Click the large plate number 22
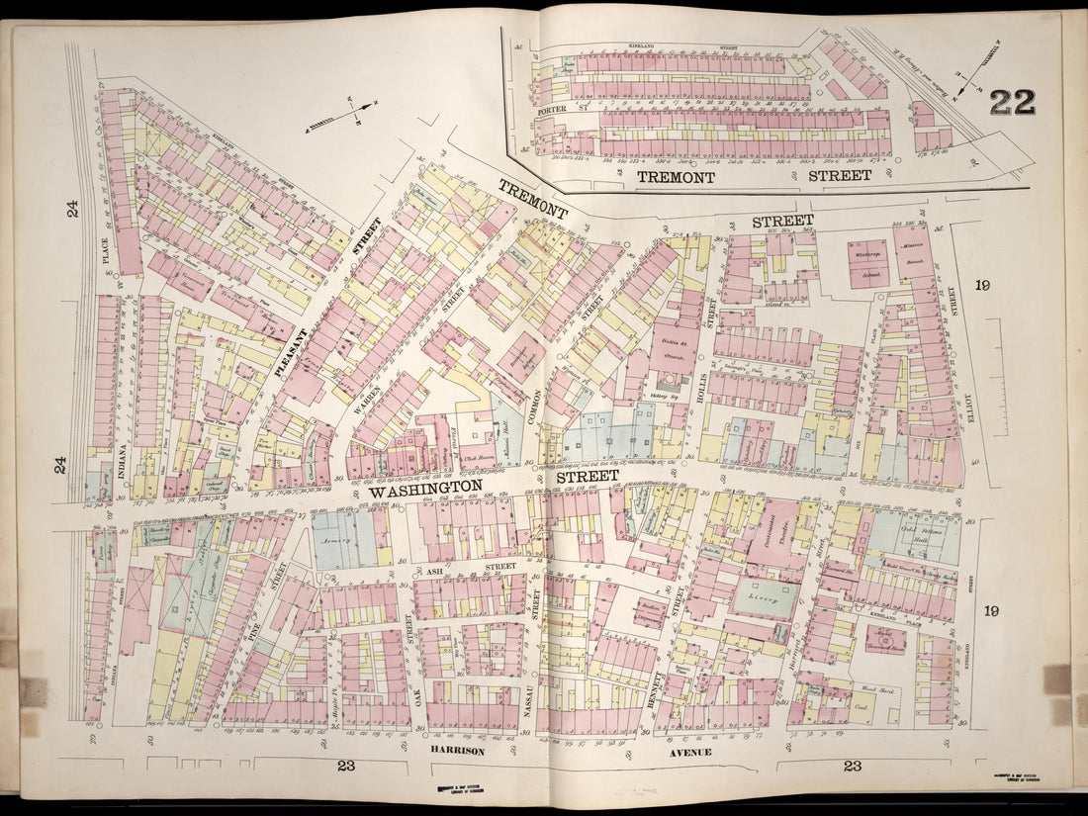1011,102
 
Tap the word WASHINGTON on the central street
425,490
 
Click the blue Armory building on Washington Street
343,539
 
